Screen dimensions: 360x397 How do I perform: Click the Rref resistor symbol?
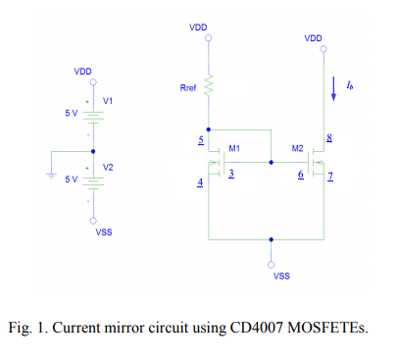[x=209, y=87]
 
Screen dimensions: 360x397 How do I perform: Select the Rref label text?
[x=188, y=89]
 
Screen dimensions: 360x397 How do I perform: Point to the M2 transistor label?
[x=297, y=148]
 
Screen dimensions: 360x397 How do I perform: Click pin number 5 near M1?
[x=200, y=142]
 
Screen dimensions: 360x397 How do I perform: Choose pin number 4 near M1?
[x=200, y=183]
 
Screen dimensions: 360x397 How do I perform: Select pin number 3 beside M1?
[x=231, y=174]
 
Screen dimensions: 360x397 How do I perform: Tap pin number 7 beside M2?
[x=330, y=178]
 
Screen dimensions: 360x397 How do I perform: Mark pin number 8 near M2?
[x=329, y=141]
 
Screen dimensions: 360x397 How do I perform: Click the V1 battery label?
[x=108, y=101]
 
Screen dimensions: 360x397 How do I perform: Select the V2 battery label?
[x=108, y=168]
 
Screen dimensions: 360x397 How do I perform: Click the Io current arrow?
[x=337, y=87]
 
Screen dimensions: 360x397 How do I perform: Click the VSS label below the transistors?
[x=281, y=276]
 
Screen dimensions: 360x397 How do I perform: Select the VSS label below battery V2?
[x=102, y=232]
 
